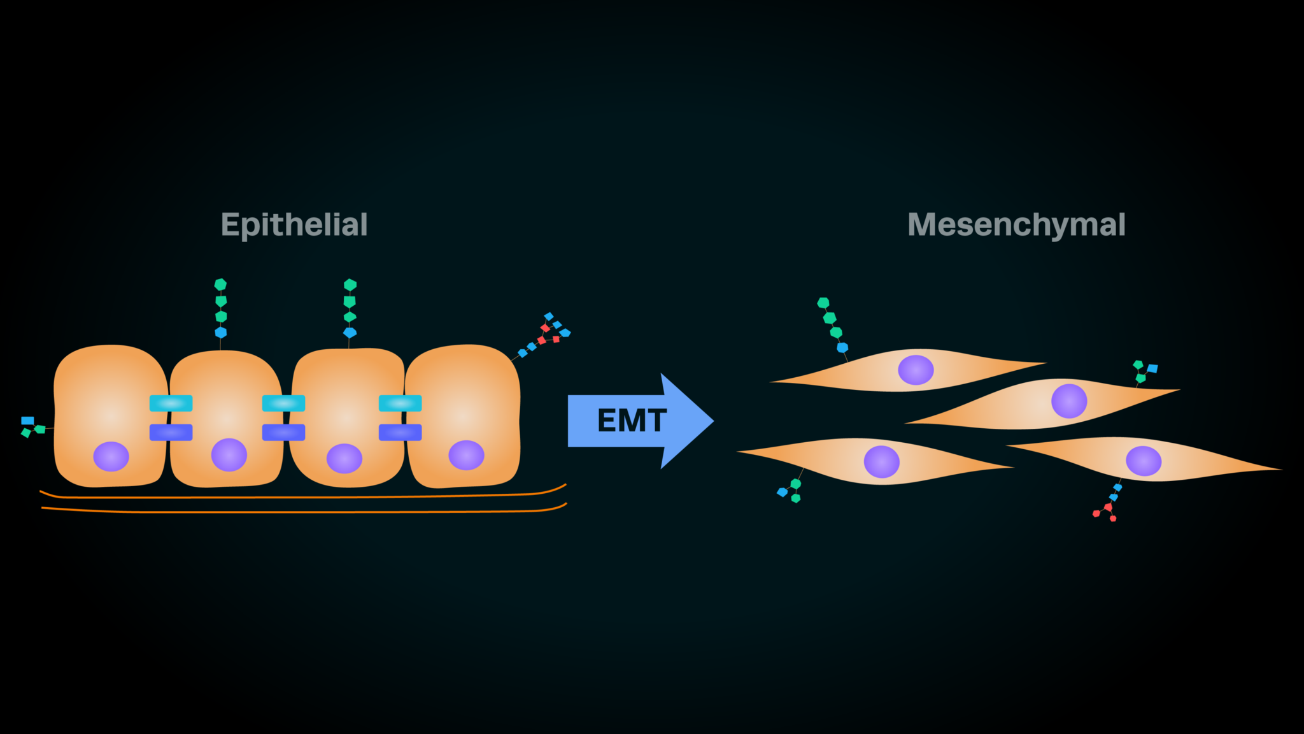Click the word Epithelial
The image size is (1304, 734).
(x=294, y=225)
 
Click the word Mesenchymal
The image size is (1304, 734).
(x=1016, y=225)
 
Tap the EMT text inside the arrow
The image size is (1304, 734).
(x=632, y=421)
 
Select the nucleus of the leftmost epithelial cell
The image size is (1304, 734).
(x=111, y=456)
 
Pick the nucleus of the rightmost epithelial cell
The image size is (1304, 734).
(x=466, y=455)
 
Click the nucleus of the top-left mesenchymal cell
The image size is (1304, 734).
(x=916, y=370)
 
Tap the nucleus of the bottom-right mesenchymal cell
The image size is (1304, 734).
(x=1144, y=461)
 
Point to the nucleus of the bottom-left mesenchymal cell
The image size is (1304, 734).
(x=882, y=462)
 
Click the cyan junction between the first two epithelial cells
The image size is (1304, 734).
(x=171, y=403)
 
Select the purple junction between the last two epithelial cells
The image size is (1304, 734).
(x=400, y=433)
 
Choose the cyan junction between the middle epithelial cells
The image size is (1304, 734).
(x=283, y=403)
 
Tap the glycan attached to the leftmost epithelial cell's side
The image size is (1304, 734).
(x=32, y=427)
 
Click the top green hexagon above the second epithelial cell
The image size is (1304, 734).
(x=220, y=285)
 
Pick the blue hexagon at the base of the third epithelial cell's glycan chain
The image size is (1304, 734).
(x=350, y=333)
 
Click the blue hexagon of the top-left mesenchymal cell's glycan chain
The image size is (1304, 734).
(x=842, y=347)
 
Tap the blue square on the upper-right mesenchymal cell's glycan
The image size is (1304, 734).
(x=1152, y=368)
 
